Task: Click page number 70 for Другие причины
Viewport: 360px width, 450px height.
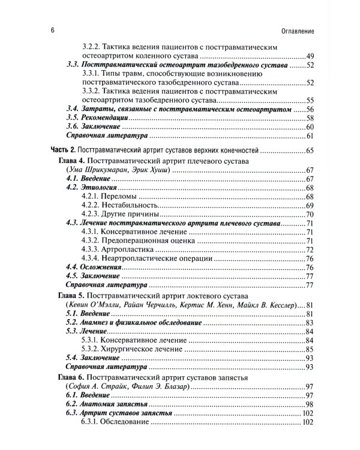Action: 310,214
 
